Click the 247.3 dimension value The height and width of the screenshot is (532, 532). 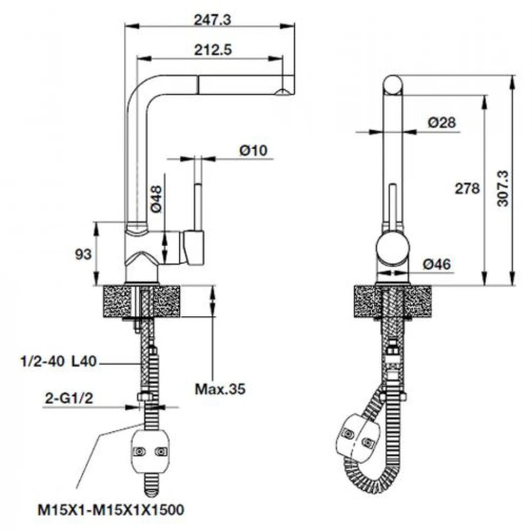(x=213, y=20)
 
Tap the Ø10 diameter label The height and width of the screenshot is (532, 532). (x=254, y=151)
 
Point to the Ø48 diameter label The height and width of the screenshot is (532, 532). (x=157, y=201)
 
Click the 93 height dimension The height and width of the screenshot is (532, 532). (x=83, y=254)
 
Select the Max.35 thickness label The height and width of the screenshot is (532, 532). (x=220, y=389)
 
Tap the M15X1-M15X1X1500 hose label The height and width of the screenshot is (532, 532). (x=111, y=511)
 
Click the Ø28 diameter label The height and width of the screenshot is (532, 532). (x=442, y=123)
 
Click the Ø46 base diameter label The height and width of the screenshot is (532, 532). (x=437, y=264)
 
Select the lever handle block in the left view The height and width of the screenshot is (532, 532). (x=194, y=248)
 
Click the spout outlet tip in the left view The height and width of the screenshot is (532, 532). (x=283, y=92)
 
